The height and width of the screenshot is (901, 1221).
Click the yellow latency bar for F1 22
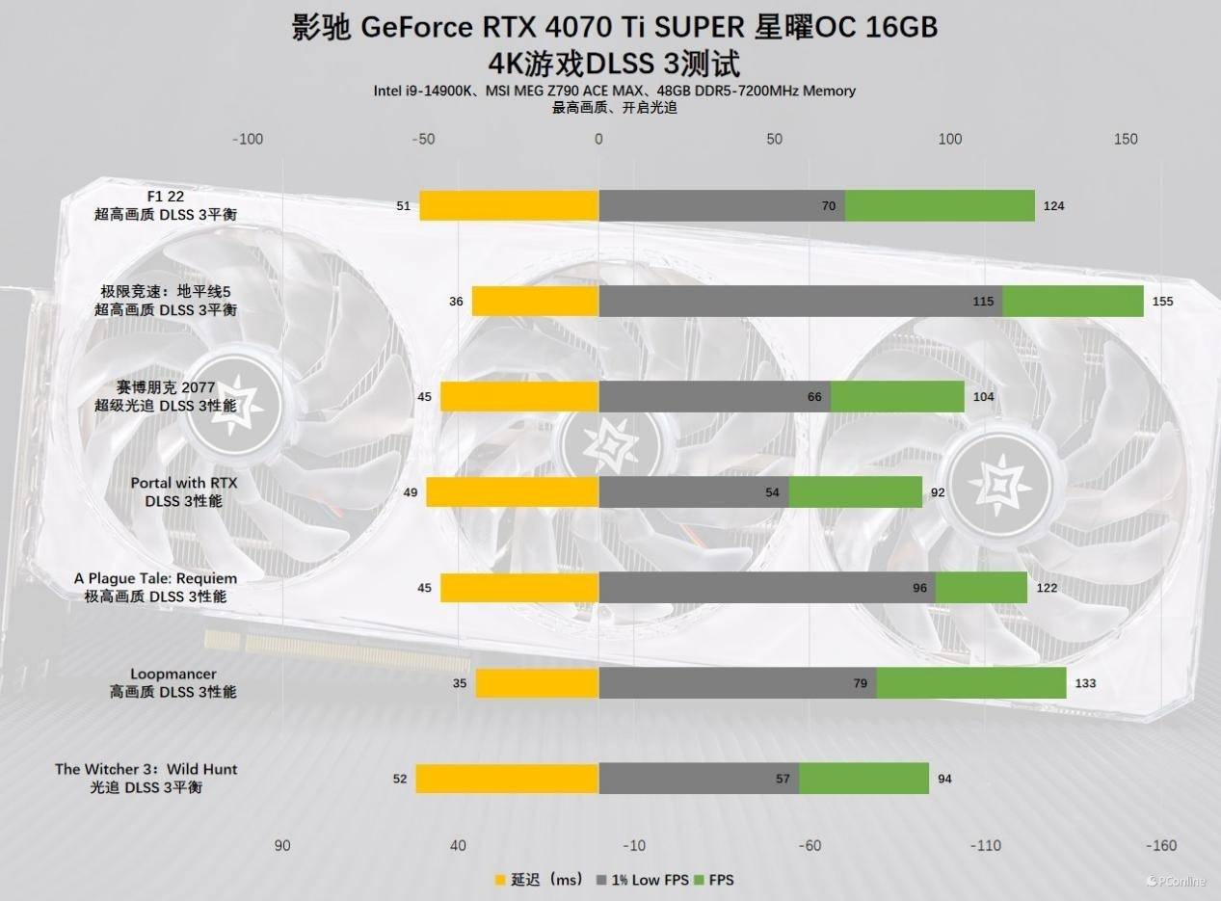pyautogui.click(x=509, y=205)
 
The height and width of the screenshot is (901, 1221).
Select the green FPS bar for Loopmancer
pyautogui.click(x=970, y=683)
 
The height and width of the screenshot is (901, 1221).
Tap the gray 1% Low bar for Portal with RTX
pyautogui.click(x=694, y=492)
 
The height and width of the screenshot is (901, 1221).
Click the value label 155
pyautogui.click(x=1163, y=302)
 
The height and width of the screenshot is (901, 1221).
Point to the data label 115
pyautogui.click(x=983, y=302)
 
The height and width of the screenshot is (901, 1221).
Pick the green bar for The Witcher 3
pyautogui.click(x=863, y=779)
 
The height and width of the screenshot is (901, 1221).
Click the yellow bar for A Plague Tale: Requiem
pyautogui.click(x=519, y=588)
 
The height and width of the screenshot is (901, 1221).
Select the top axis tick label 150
pyautogui.click(x=1126, y=139)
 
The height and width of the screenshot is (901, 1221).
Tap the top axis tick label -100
pyautogui.click(x=248, y=139)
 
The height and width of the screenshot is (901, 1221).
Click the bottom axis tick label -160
pyautogui.click(x=1161, y=846)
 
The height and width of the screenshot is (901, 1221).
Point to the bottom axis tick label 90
pyautogui.click(x=281, y=846)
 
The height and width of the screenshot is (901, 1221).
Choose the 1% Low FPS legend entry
pyautogui.click(x=644, y=880)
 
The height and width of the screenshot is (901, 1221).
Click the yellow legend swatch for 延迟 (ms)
pyautogui.click(x=500, y=880)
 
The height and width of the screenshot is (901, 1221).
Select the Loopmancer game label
pyautogui.click(x=173, y=674)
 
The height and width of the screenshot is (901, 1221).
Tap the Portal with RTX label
pyautogui.click(x=183, y=483)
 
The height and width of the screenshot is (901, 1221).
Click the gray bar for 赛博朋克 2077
pyautogui.click(x=714, y=397)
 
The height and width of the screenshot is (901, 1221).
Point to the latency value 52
pyautogui.click(x=400, y=779)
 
